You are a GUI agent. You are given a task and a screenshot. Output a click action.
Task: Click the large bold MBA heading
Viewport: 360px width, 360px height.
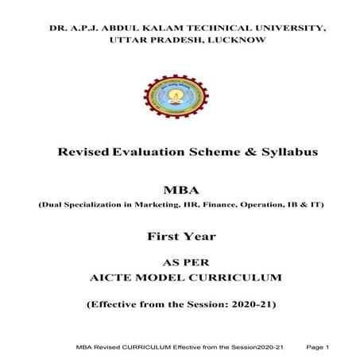pos(179,191)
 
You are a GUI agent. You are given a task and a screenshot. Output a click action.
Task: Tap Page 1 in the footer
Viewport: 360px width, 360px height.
pos(317,346)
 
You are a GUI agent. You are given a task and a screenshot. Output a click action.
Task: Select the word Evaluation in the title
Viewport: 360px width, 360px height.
pos(148,152)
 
